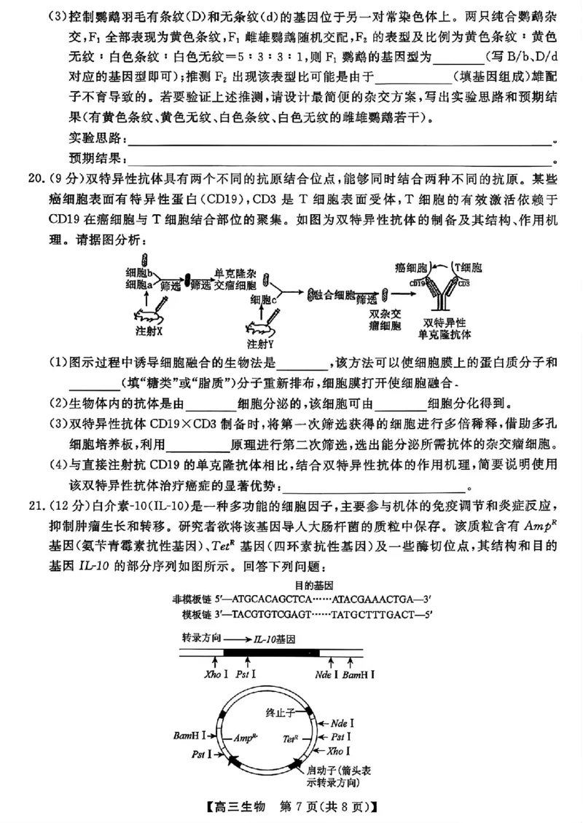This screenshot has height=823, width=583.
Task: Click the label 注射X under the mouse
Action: coord(149,330)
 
